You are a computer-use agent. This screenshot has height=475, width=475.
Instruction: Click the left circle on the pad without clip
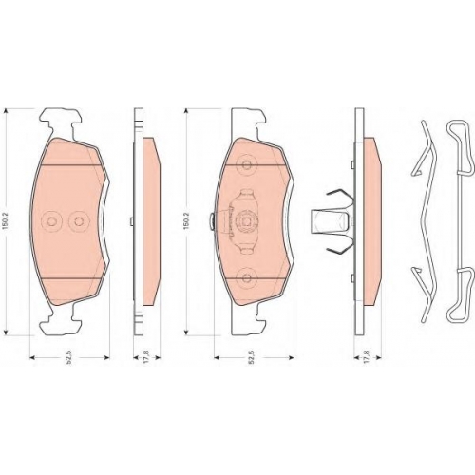pyautogui.click(x=50, y=221)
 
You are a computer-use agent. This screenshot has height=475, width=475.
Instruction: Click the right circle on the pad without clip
pyautogui.click(x=78, y=221)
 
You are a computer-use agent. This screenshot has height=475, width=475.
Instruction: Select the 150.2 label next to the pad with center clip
pyautogui.click(x=186, y=221)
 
